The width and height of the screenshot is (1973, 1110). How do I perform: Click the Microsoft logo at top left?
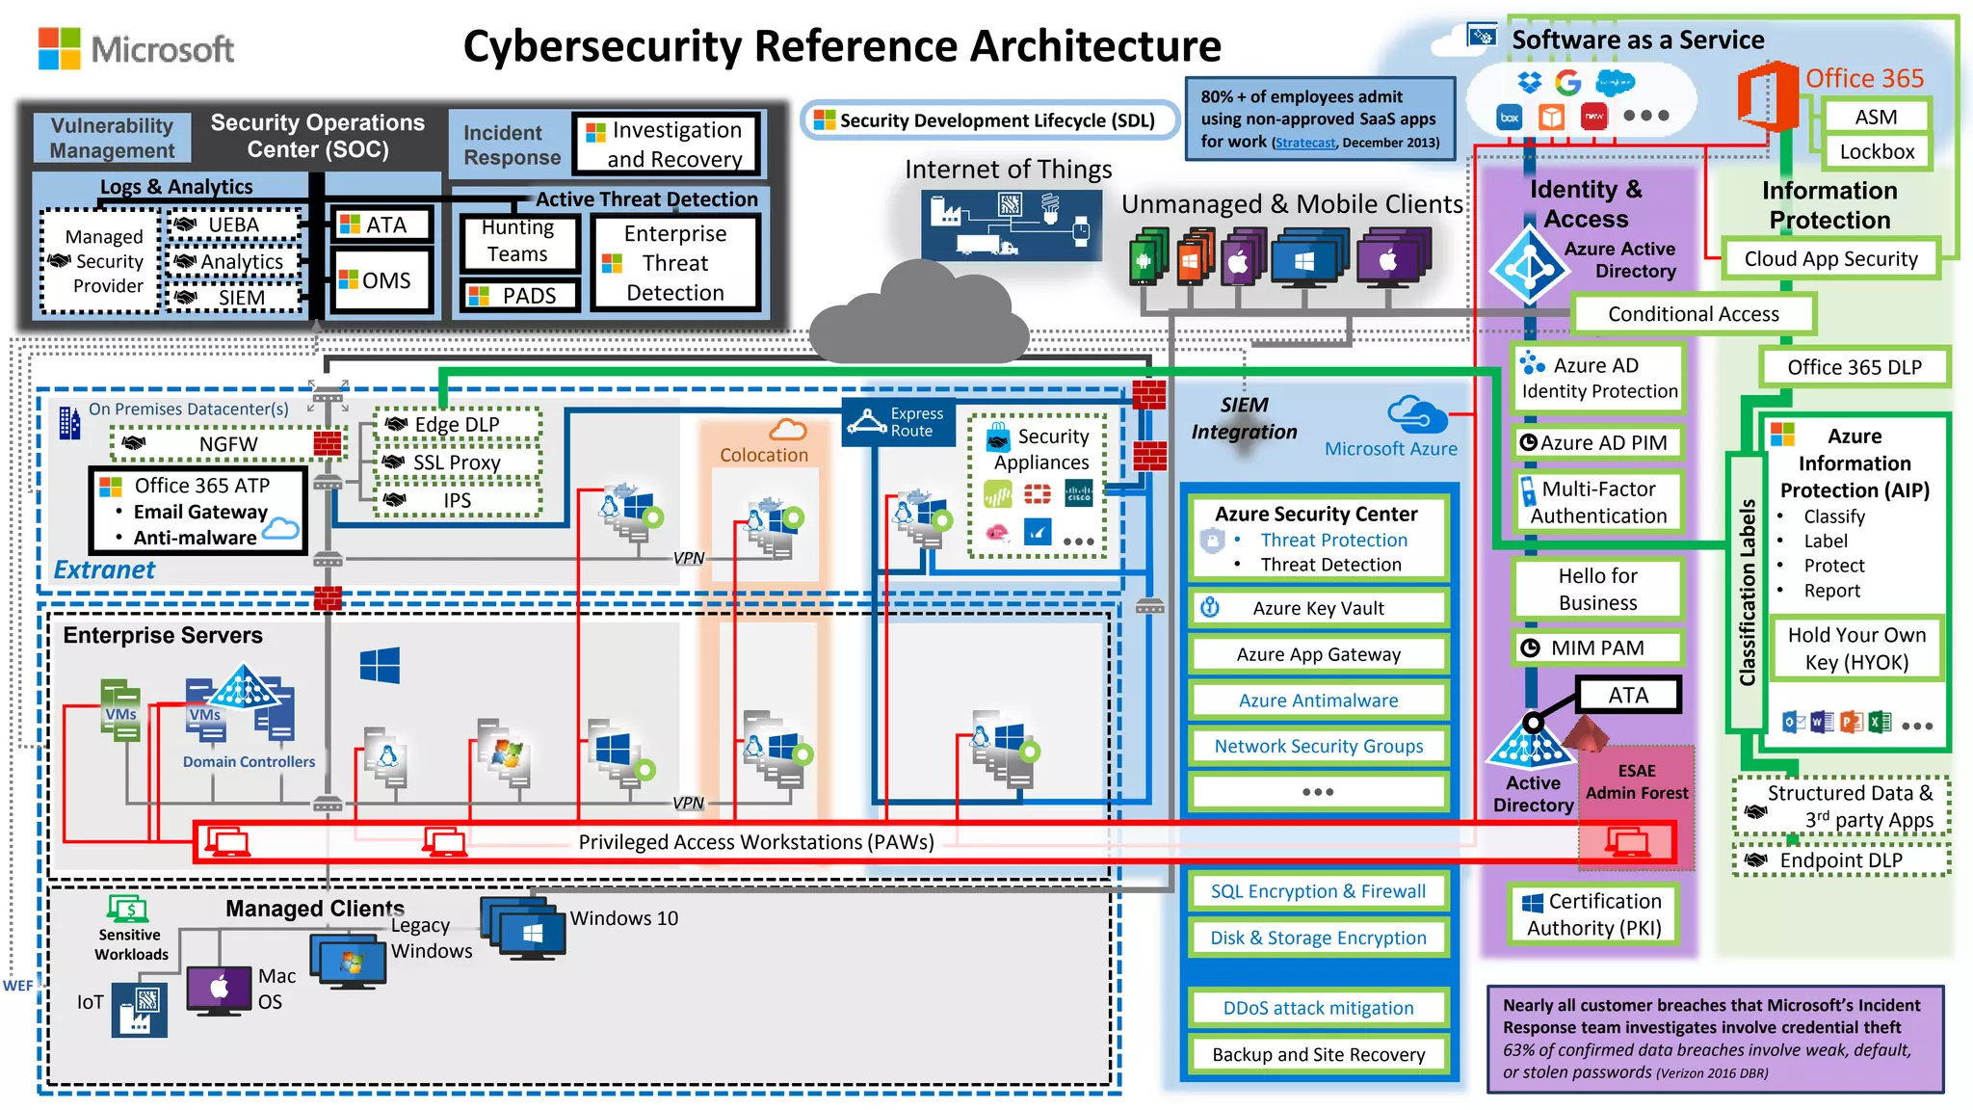point(135,48)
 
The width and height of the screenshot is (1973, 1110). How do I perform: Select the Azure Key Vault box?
point(1318,608)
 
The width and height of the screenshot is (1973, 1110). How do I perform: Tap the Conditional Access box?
point(1693,314)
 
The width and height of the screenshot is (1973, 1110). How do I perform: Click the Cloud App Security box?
point(1829,258)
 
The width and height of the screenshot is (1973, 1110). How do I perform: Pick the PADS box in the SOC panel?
point(520,296)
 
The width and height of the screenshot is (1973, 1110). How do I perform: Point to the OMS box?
point(381,280)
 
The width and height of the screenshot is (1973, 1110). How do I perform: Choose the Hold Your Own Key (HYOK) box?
point(1855,648)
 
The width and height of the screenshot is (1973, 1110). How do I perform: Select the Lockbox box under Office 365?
point(1876,151)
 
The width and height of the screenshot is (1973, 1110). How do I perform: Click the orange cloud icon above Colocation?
point(787,430)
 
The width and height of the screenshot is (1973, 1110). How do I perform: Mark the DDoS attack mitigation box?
point(1318,1008)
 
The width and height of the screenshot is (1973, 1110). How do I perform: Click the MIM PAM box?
point(1596,647)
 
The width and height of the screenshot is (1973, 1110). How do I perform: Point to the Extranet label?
point(103,569)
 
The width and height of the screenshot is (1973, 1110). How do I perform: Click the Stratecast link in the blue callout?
point(1305,143)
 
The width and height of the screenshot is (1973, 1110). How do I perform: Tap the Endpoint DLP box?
point(1840,859)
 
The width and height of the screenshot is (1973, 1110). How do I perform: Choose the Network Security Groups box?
point(1318,746)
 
